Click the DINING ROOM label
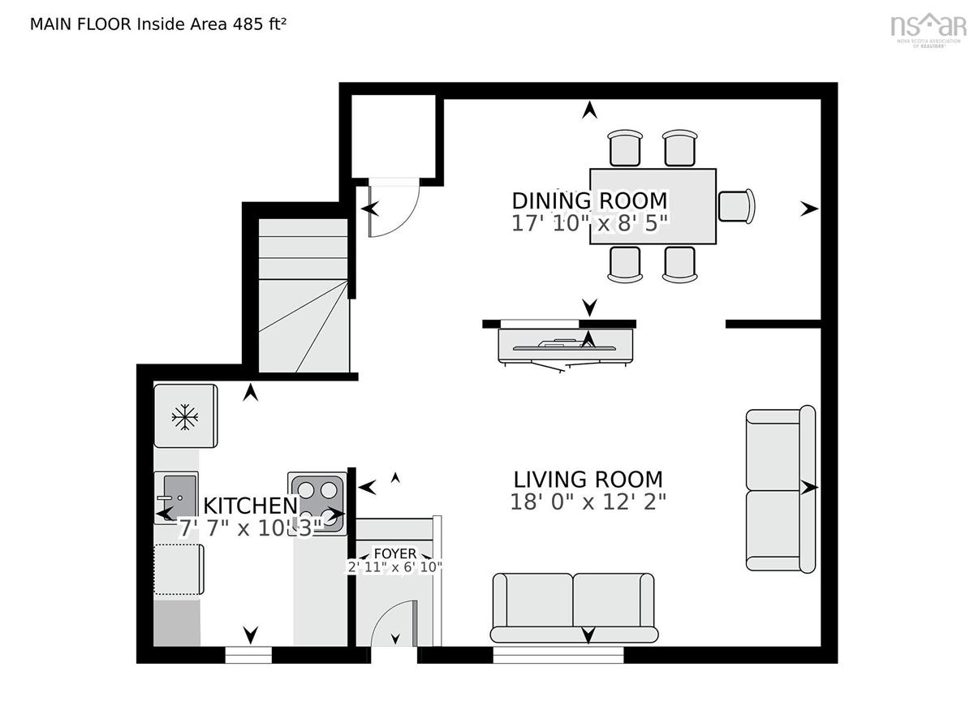coord(589,200)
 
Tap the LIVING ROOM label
coord(588,479)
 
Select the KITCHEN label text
coord(250,506)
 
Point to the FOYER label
coord(395,553)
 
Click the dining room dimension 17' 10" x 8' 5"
coord(589,223)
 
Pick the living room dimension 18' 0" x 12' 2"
coord(588,502)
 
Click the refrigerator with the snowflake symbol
coord(185,416)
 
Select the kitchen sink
coord(176,496)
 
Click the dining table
coord(653,205)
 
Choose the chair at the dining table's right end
coord(736,204)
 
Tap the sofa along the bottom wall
coord(574,607)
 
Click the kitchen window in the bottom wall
coord(248,655)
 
